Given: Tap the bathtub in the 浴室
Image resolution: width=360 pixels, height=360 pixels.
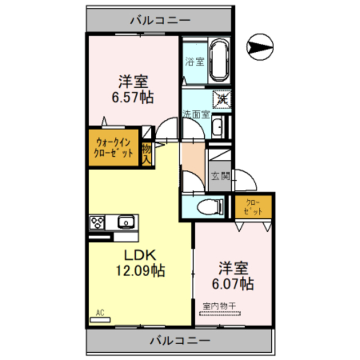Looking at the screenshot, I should [218, 61].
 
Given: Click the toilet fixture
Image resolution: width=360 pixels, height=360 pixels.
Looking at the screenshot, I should [209, 206].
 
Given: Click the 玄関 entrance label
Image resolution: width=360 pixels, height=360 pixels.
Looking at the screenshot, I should [219, 175].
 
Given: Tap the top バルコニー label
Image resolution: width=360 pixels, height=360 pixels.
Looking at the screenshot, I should [160, 21].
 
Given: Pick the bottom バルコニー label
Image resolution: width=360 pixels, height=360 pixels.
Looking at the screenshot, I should [180, 340].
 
